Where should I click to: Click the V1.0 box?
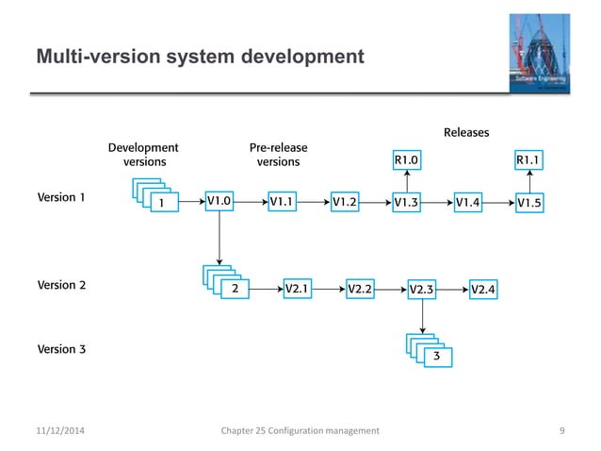[x=219, y=201]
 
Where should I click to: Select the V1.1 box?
[x=282, y=201]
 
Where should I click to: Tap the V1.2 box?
[x=345, y=201]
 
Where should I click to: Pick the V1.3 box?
[x=406, y=201]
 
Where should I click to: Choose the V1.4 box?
[x=467, y=201]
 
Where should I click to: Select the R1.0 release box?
[x=406, y=160]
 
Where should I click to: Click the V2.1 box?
[x=298, y=289]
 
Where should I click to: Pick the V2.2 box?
[x=360, y=289]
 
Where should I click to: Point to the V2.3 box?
[x=421, y=289]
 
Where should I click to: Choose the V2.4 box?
[x=483, y=289]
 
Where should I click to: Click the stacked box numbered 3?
[x=436, y=358]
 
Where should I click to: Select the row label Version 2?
[x=61, y=284]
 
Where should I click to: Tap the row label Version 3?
[x=61, y=349]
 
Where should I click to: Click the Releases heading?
[x=466, y=132]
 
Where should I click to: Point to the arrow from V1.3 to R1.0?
[x=406, y=180]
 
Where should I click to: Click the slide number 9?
[x=561, y=430]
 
